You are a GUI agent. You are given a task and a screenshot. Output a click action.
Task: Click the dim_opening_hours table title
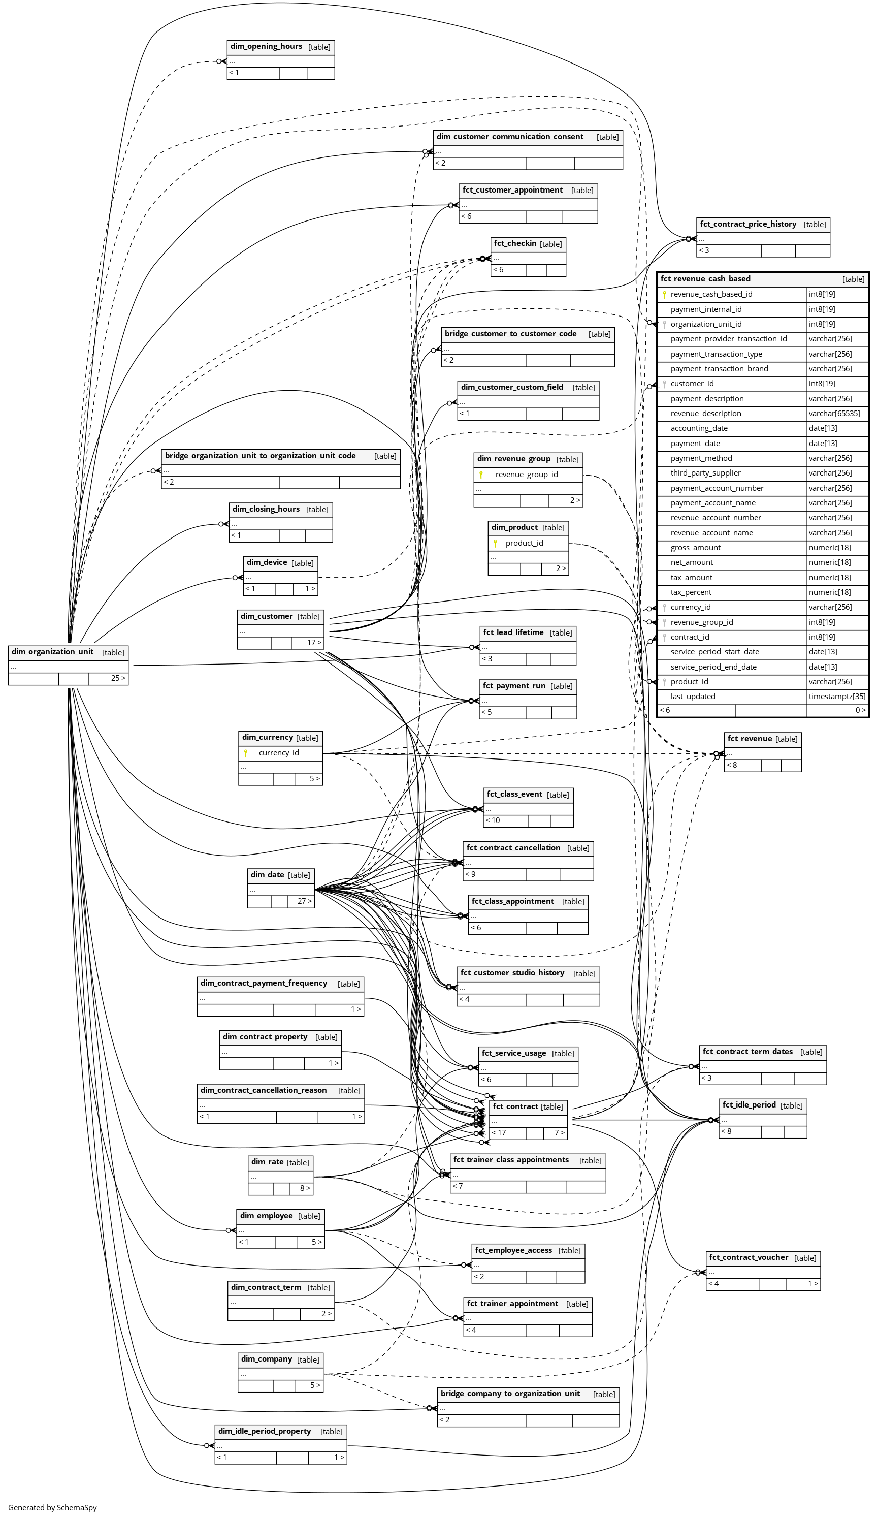[266, 46]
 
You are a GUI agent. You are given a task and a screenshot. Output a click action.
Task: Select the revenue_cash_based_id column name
[711, 294]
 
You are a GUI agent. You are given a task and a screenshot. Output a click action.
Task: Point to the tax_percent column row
[691, 592]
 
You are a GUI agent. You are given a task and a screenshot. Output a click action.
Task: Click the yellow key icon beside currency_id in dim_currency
[246, 753]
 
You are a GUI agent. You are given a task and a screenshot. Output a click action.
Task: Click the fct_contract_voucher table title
[749, 1257]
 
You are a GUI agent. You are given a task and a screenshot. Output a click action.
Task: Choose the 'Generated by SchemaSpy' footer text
[52, 1507]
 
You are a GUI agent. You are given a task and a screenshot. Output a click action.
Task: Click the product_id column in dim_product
[524, 543]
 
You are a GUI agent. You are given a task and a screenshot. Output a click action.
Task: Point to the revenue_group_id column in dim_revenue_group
[526, 474]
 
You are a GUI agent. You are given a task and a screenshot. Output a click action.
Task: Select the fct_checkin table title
[515, 243]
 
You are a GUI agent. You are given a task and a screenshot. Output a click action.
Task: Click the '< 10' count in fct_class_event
[493, 820]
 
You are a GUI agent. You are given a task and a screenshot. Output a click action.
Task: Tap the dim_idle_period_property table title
[265, 1431]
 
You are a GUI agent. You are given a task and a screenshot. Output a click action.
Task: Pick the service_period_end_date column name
[713, 667]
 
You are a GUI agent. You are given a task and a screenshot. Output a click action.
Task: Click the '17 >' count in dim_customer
[314, 642]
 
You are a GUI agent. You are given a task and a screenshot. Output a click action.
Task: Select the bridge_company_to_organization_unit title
[510, 1394]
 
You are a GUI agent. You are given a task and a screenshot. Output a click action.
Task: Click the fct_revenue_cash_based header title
[705, 279]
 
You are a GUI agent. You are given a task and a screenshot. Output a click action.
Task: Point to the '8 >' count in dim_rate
[305, 1188]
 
